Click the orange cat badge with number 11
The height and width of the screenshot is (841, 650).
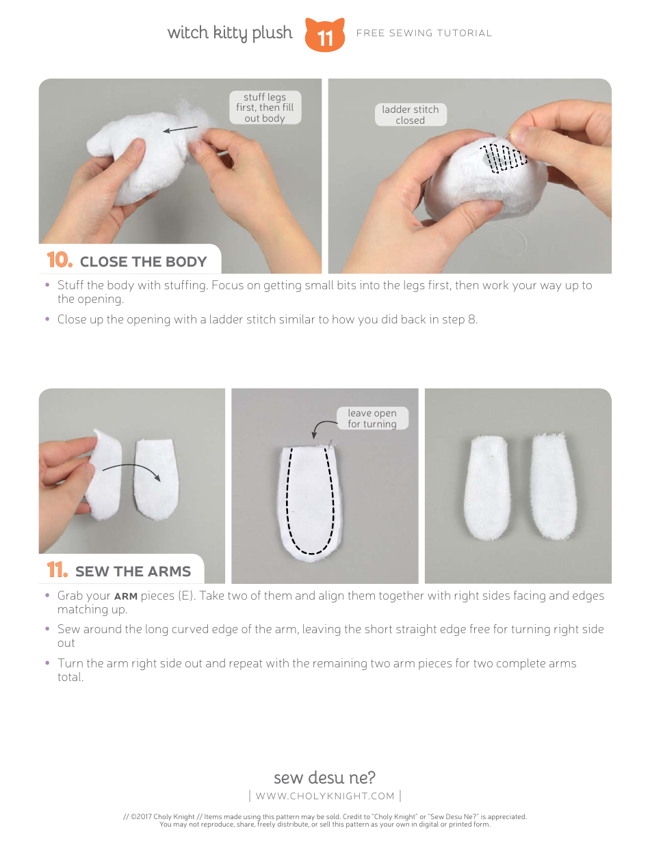[x=324, y=35]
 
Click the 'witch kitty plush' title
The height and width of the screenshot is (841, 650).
[x=230, y=33]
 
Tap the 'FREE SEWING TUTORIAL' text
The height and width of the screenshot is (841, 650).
[x=424, y=34]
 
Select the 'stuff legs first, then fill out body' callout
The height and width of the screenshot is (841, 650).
[x=265, y=107]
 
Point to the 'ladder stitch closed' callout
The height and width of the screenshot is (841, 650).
[x=411, y=115]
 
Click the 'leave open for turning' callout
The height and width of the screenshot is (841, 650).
[x=372, y=418]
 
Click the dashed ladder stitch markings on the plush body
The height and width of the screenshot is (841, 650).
[x=503, y=157]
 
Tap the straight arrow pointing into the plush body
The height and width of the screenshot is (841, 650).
[x=181, y=129]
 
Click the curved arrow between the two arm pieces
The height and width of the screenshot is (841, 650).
[x=131, y=471]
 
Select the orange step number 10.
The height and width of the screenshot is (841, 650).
[x=60, y=260]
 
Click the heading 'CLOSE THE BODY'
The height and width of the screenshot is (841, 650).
[x=143, y=262]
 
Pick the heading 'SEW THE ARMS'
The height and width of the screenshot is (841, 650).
[x=133, y=572]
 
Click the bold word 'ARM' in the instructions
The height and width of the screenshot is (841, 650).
[x=126, y=596]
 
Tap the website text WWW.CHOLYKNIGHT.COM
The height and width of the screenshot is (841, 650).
[x=325, y=796]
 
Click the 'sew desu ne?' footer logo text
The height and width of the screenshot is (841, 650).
[x=324, y=777]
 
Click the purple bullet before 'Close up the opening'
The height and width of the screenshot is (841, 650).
[x=47, y=319]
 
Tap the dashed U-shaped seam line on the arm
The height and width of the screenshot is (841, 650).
[x=310, y=500]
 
